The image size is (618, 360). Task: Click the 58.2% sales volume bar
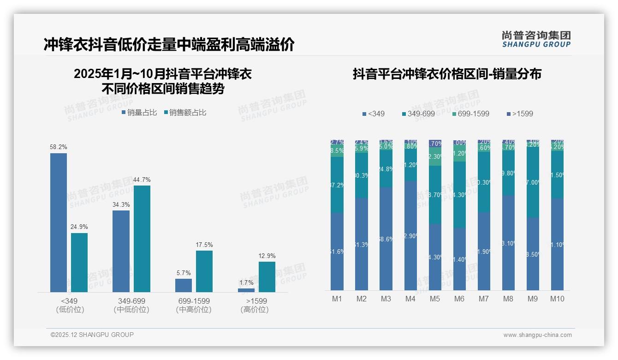pos(59,222)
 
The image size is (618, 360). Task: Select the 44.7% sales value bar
pos(142,239)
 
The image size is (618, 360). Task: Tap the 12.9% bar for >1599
pos(267,277)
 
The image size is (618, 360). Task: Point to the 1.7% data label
pos(247,283)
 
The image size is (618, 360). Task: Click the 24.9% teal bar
pos(79,262)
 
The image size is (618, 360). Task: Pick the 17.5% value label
pos(204,245)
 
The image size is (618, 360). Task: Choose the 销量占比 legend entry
pos(139,112)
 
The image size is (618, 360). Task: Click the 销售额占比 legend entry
pos(185,112)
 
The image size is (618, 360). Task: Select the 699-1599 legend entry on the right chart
pos(470,114)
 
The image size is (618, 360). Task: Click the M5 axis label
pos(435,299)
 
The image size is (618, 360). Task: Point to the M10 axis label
pos(557,299)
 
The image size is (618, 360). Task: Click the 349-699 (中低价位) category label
pos(131,305)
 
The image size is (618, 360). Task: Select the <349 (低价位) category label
pos(70,305)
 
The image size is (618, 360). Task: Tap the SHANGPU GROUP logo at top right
pos(536,39)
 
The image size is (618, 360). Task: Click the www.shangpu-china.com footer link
pos(537,335)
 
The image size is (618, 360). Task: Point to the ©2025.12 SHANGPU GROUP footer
pos(92,335)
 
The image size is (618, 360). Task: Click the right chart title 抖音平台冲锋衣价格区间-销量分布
pos(447,74)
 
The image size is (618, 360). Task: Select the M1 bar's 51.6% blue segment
pos(337,252)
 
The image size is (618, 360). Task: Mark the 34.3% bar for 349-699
pos(121,251)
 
